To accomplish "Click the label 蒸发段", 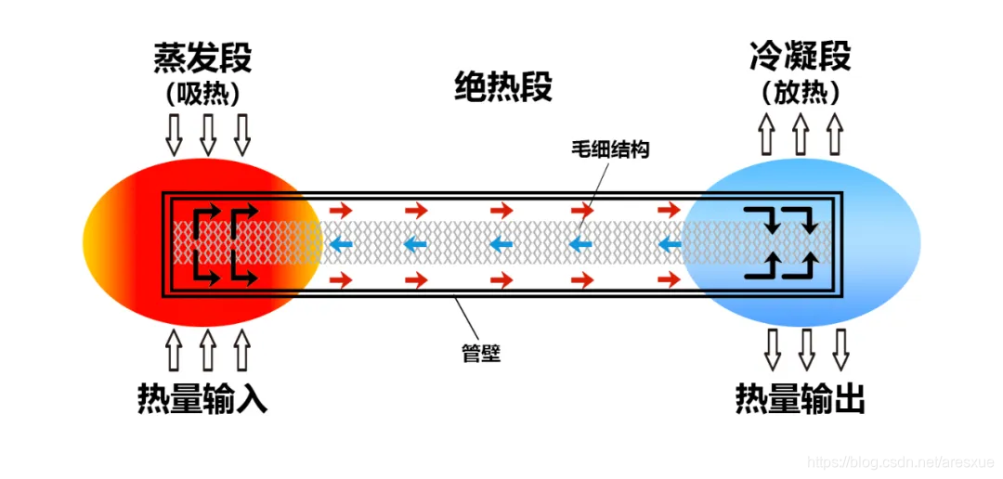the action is tap(202, 58).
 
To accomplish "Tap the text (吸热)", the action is tap(202, 94).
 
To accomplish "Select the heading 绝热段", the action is tap(502, 87).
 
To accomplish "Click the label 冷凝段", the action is tap(800, 58).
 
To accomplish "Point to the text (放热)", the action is tap(800, 94).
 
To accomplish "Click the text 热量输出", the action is tap(800, 398).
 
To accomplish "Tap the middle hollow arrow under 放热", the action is tap(801, 135).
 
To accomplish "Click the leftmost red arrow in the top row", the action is tap(341, 211).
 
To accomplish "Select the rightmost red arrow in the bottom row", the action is tap(669, 278).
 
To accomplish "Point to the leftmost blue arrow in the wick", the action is tap(341, 245).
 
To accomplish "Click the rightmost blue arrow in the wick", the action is tap(669, 245).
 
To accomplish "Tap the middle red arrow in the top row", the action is tap(502, 211).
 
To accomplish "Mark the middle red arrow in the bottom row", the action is tap(502, 278).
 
